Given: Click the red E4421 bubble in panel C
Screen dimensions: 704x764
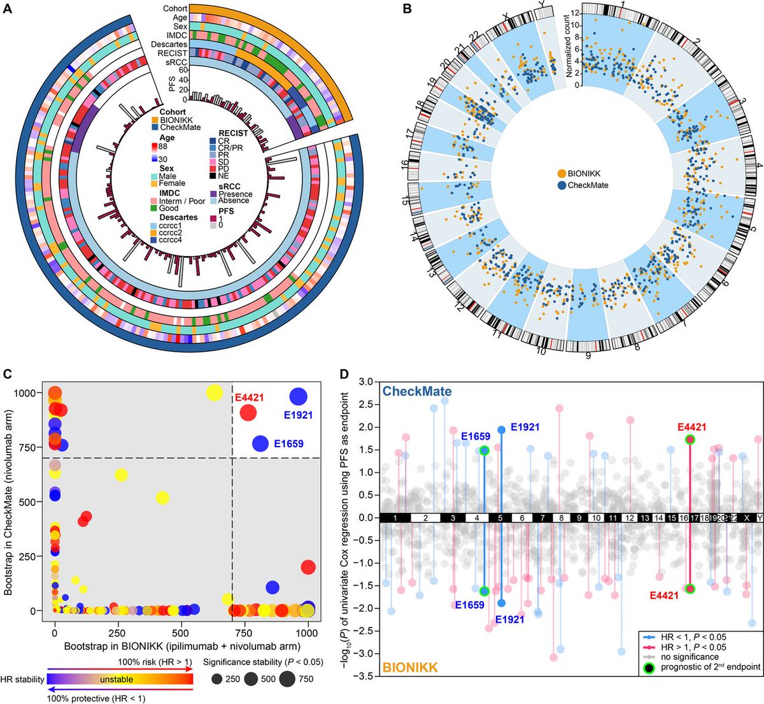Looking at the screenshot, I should pos(248,412).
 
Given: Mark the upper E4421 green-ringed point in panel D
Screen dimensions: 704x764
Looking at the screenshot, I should pos(690,440).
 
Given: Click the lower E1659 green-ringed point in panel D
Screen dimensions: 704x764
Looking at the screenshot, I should pos(484,591).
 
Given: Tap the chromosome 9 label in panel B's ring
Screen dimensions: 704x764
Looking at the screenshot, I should pos(588,355).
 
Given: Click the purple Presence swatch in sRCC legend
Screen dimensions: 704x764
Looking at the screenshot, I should pos(214,194).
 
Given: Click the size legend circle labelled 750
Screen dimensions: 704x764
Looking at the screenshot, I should pos(287,679).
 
